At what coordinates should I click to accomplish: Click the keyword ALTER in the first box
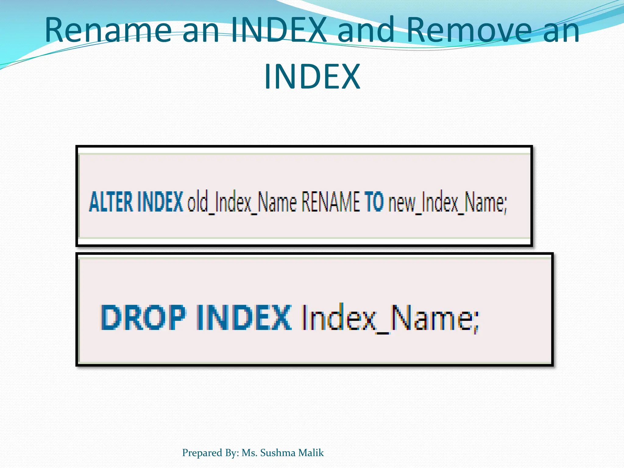click(x=111, y=202)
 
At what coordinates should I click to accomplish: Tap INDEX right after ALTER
click(x=160, y=202)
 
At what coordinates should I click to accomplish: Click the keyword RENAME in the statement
click(x=330, y=202)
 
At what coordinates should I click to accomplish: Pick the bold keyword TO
click(x=374, y=202)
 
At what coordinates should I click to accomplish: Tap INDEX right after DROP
click(x=244, y=317)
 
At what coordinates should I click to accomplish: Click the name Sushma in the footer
click(x=278, y=453)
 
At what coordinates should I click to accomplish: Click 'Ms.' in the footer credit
click(x=250, y=453)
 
